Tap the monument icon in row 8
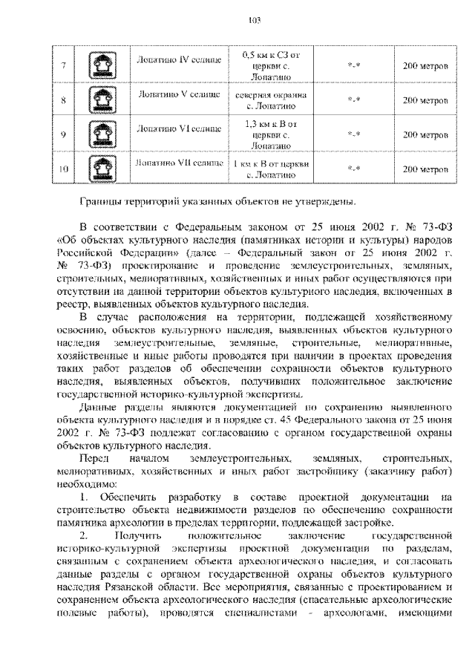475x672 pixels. pyautogui.click(x=99, y=100)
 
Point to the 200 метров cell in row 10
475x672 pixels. pyautogui.click(x=424, y=169)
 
